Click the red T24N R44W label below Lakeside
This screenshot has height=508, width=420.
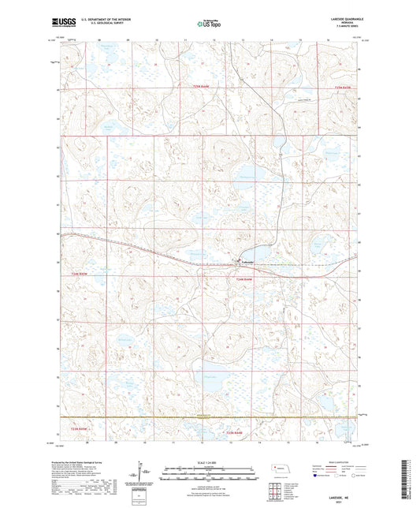click(243, 278)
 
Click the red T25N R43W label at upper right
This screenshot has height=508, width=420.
click(342, 88)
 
